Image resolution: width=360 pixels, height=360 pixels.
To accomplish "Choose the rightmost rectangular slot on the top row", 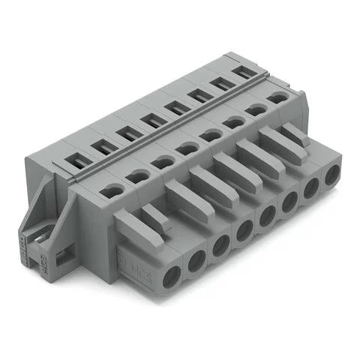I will (x=242, y=73).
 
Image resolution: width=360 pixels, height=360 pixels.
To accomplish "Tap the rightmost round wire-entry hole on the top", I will (x=277, y=97).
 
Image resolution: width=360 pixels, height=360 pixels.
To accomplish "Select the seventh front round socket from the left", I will (x=309, y=193).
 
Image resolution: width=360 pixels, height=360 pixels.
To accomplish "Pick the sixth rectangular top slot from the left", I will (x=199, y=95).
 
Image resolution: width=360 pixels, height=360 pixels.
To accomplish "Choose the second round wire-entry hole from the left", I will (x=137, y=177).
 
